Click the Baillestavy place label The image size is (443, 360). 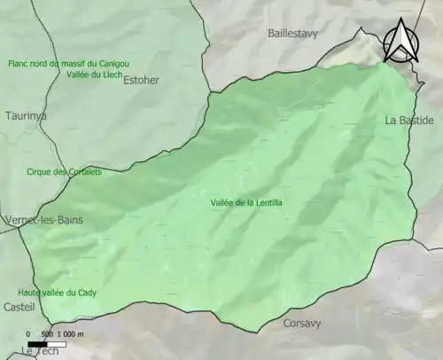(291, 34)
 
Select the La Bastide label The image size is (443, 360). (409, 120)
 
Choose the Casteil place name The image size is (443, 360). (19, 307)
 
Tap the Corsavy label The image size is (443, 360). (303, 325)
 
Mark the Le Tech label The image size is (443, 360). (39, 351)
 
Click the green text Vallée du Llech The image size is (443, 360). (93, 76)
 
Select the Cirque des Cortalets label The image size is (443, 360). (64, 172)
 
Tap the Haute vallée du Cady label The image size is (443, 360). (57, 293)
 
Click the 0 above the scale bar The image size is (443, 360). (31, 334)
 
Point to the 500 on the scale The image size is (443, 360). (47, 334)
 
